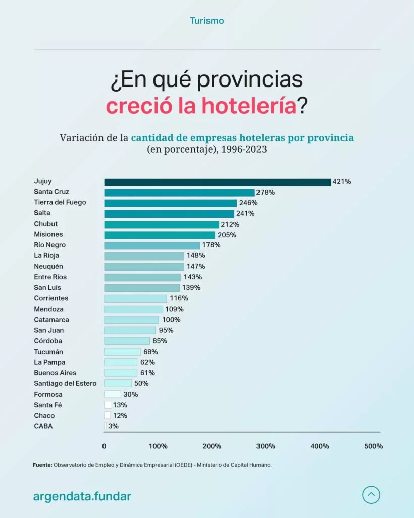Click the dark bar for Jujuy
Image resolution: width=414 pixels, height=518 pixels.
[x=217, y=182]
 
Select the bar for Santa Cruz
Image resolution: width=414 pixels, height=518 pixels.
[x=179, y=192]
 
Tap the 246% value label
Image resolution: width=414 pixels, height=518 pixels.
[x=248, y=203]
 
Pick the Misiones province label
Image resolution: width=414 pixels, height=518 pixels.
[x=48, y=235]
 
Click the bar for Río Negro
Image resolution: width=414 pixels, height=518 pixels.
[x=152, y=245]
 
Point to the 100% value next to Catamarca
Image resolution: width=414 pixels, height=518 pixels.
[x=171, y=320]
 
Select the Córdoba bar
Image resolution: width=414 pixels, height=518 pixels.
[x=127, y=341]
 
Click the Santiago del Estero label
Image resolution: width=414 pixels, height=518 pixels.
[x=65, y=383]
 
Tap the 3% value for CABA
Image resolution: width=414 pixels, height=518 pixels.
[x=113, y=426]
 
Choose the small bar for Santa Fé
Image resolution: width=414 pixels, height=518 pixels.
[x=108, y=405]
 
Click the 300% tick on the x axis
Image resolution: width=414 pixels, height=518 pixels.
[x=266, y=446]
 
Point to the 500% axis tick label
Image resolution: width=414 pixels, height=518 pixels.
[x=373, y=446]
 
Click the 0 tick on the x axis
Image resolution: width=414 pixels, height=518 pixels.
[x=104, y=446]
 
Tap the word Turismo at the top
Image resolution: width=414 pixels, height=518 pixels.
[x=207, y=21]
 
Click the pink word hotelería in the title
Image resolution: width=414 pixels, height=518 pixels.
[x=247, y=107]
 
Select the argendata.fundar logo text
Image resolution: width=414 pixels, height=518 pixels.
[x=82, y=496]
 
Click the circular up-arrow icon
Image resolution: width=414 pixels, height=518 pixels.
[x=371, y=495]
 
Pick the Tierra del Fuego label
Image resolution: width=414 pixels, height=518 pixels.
[x=60, y=203]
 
